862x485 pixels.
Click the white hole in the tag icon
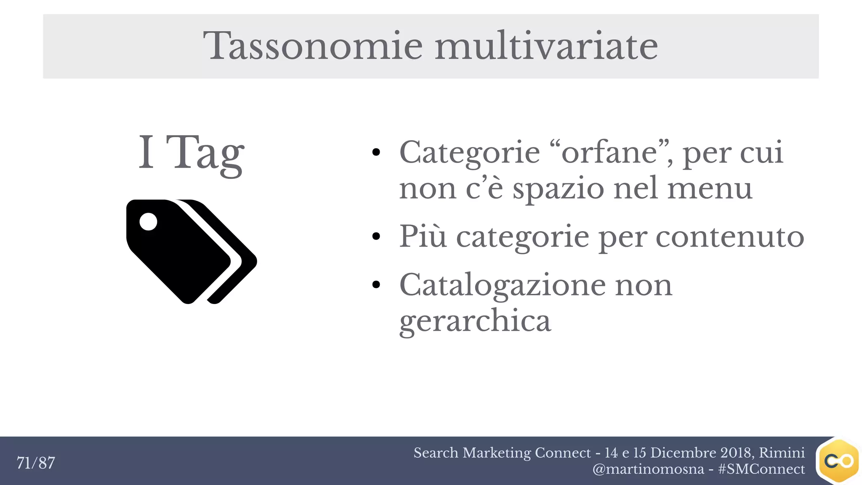click(x=148, y=221)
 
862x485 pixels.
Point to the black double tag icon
click(x=192, y=251)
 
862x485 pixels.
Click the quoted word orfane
click(x=610, y=152)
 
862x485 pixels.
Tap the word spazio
click(x=558, y=189)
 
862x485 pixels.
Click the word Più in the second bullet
click(x=423, y=236)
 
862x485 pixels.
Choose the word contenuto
click(x=730, y=237)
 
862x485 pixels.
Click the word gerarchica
click(x=475, y=321)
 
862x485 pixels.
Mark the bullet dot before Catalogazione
click(x=376, y=285)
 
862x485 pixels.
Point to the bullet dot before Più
click(x=376, y=237)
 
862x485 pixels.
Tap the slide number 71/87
click(x=36, y=463)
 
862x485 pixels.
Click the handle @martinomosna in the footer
click(x=648, y=469)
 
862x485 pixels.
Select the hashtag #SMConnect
click(x=761, y=469)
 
